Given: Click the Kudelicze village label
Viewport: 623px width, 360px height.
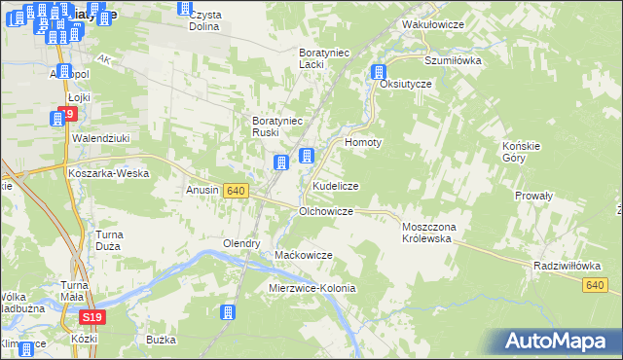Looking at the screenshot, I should [x=335, y=185].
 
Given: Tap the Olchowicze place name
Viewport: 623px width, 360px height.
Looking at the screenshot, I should [x=332, y=210].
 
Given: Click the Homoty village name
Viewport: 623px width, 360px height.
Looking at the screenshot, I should [x=363, y=141].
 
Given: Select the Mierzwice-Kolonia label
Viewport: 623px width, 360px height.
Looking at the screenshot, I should [x=312, y=289].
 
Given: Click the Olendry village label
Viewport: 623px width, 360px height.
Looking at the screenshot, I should [x=242, y=243].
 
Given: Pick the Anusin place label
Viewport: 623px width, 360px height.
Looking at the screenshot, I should [x=202, y=191].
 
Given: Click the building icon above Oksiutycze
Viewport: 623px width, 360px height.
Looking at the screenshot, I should [x=379, y=71].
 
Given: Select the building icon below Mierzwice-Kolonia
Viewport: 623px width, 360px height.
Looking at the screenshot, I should [x=228, y=312].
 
